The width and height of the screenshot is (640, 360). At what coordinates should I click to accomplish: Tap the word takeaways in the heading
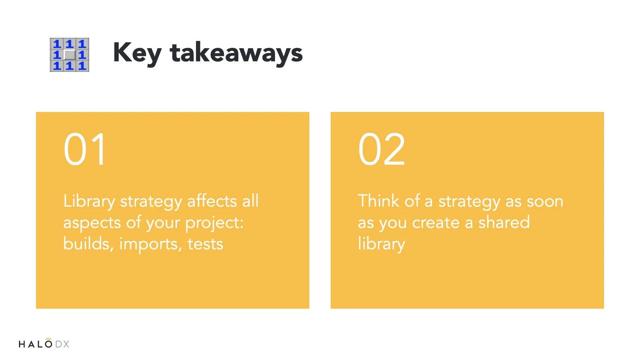236,52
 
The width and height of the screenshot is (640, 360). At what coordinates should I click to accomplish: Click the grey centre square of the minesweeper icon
70,54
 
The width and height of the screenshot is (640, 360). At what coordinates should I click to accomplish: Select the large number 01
85,149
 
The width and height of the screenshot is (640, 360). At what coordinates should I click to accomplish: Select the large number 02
382,149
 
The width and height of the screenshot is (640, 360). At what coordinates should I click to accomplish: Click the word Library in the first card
89,202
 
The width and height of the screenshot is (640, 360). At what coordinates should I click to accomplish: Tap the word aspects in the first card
92,223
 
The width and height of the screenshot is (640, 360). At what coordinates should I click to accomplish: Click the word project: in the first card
214,223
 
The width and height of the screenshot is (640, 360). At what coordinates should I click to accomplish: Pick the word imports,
150,244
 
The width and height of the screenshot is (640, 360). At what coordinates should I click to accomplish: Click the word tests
205,244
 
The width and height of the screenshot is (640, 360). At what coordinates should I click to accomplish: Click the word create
436,223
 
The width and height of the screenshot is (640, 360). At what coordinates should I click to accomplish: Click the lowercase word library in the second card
382,244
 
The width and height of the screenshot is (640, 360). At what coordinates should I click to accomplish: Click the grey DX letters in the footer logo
62,344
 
